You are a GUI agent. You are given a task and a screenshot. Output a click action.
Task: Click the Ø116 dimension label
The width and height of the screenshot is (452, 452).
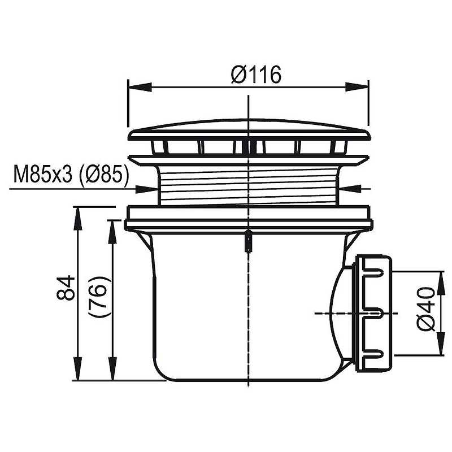tap(256, 75)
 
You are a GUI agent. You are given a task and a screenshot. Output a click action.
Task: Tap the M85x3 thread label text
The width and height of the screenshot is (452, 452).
tap(42, 175)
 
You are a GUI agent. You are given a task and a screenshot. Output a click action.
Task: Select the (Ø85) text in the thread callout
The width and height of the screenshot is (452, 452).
tap(103, 175)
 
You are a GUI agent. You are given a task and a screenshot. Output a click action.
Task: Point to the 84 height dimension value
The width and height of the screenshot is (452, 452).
tap(66, 288)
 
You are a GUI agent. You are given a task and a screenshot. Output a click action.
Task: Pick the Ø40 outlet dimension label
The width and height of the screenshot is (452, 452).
tap(426, 310)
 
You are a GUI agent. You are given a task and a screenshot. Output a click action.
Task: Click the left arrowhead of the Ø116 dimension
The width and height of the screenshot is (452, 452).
tap(139, 87)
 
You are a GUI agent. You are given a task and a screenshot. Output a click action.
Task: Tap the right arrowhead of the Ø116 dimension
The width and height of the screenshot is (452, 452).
tap(357, 87)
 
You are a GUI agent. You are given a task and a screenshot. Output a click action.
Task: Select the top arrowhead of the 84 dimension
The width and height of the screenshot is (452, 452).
tap(76, 218)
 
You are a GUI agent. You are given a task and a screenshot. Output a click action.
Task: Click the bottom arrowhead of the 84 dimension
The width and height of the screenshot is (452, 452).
tap(76, 369)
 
